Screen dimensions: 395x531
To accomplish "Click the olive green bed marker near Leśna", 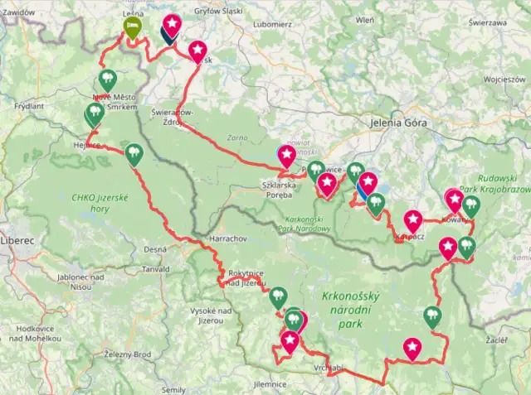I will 132,26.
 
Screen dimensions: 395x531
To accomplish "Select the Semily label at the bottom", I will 174,388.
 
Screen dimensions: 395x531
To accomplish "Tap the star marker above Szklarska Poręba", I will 286,154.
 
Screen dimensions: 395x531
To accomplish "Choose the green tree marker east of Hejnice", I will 133,153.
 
